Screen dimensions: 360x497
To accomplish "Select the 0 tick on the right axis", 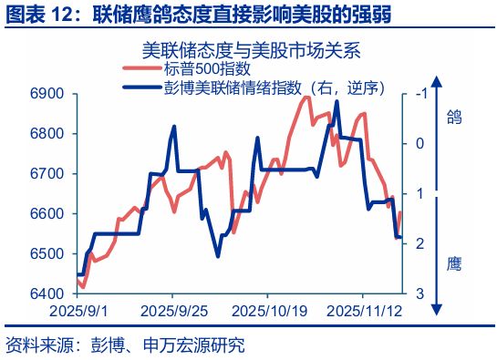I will [x=419, y=143].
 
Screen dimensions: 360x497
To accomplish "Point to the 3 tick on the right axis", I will [x=419, y=293].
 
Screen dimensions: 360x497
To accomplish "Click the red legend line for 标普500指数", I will [x=142, y=68].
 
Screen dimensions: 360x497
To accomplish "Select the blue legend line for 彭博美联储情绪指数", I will [x=142, y=87].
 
